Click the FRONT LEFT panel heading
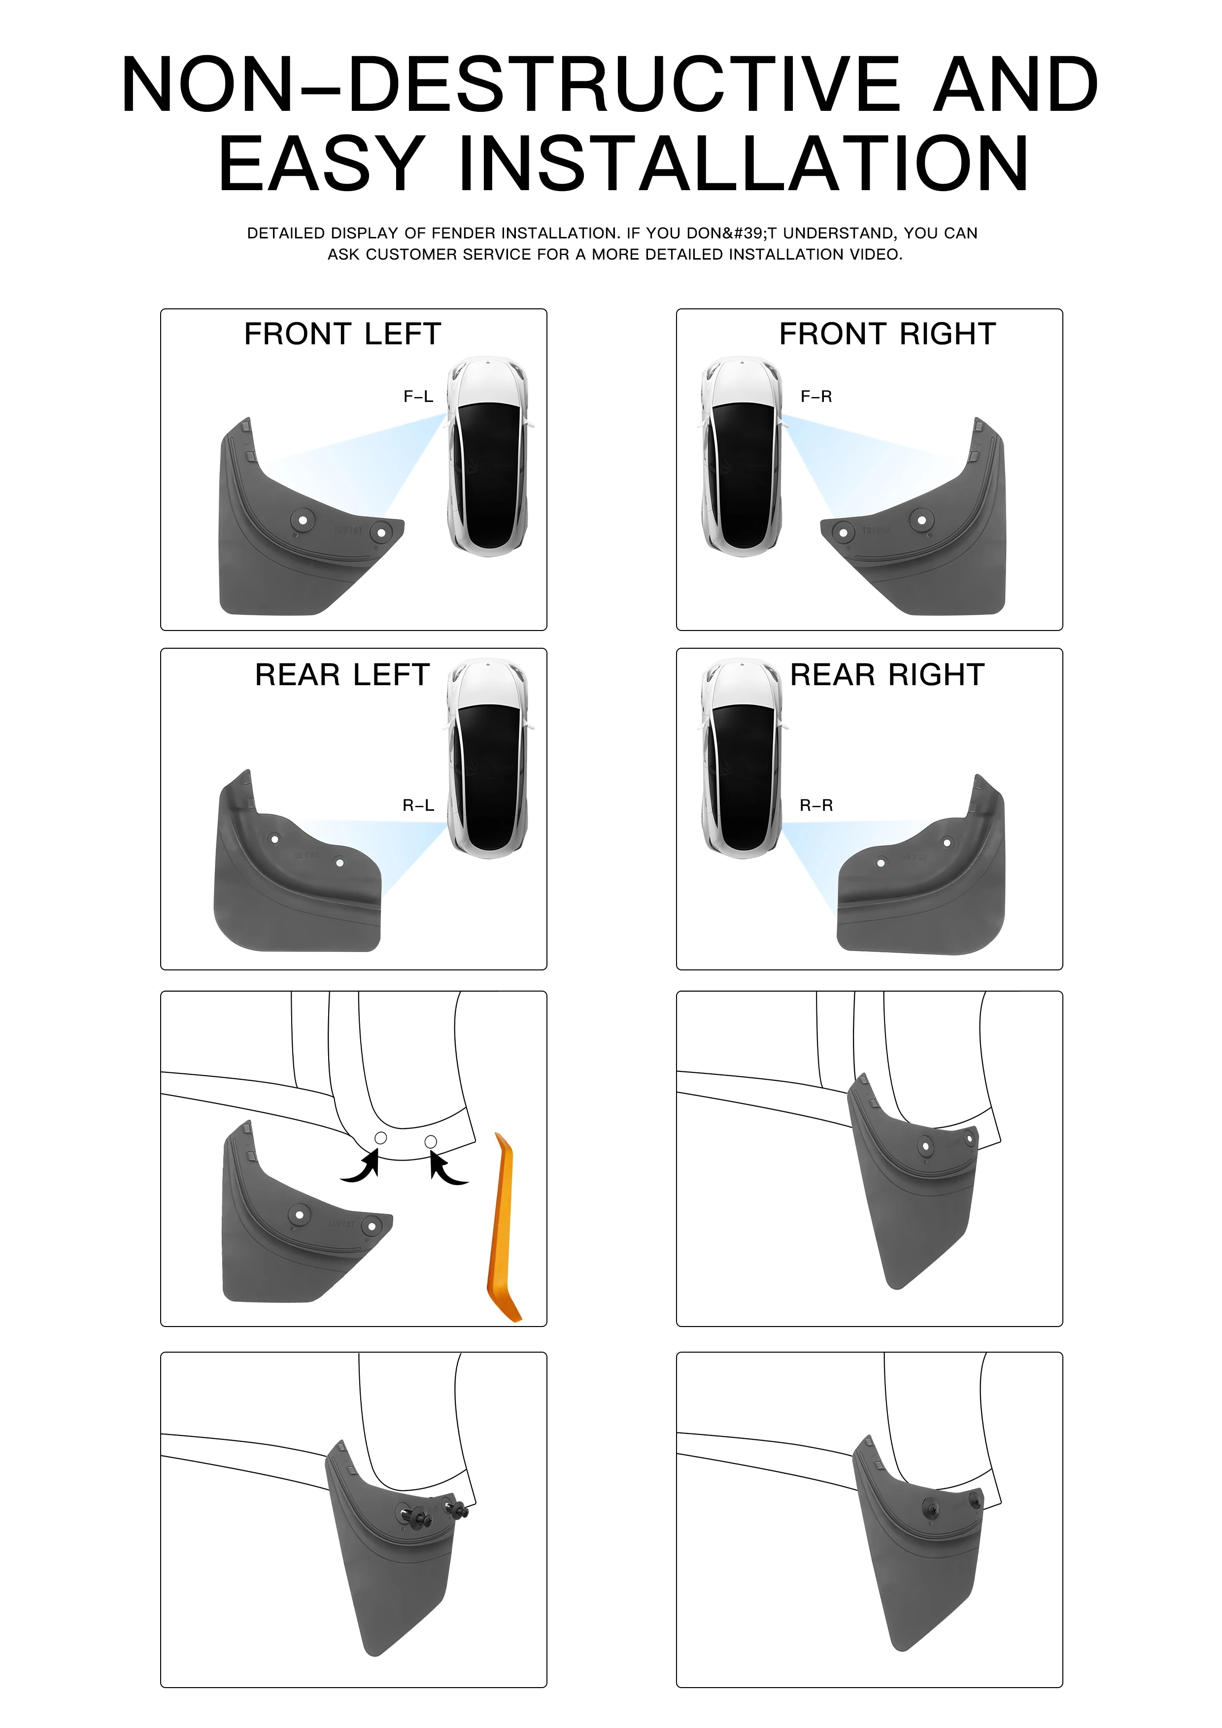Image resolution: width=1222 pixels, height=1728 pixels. pyautogui.click(x=342, y=333)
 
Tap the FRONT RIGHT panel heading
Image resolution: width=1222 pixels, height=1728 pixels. pyautogui.click(x=888, y=333)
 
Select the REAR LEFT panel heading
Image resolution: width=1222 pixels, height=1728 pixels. pyautogui.click(x=342, y=674)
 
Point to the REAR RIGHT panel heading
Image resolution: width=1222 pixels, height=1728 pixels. pyautogui.click(x=888, y=674)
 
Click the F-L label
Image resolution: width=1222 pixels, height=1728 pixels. pyautogui.click(x=419, y=396)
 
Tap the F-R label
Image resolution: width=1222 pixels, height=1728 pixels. pyautogui.click(x=816, y=396)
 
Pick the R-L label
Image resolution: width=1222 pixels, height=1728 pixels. pyautogui.click(x=419, y=805)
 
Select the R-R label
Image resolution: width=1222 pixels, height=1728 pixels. pyautogui.click(x=816, y=805)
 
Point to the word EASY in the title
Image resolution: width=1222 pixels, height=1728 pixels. pyautogui.click(x=322, y=164)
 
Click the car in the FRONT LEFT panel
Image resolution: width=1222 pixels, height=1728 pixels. pyautogui.click(x=488, y=456)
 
